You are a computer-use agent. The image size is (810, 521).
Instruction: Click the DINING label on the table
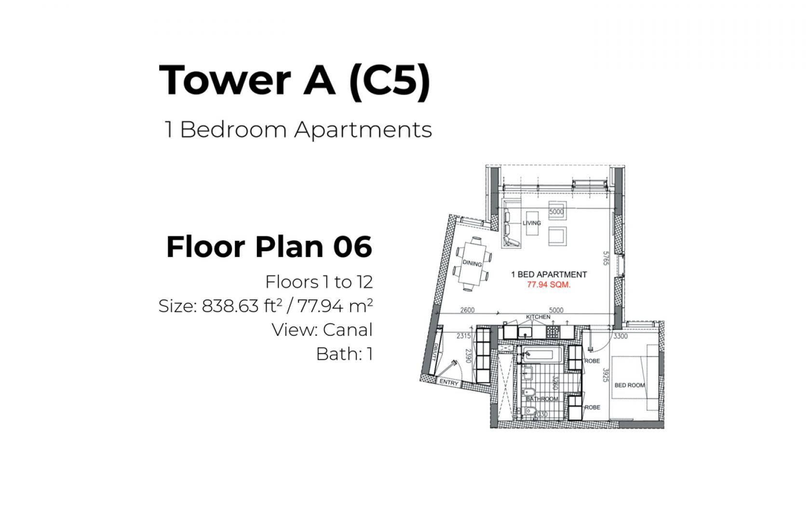click(472, 263)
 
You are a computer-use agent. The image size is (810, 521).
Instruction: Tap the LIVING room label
click(531, 223)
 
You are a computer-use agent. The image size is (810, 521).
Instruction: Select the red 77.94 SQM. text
click(549, 285)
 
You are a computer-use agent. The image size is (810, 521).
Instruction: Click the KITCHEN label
click(538, 317)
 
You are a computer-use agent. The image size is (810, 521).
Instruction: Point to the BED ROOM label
click(630, 385)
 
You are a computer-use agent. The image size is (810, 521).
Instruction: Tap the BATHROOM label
click(542, 398)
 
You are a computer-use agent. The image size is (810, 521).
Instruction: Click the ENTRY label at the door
click(449, 383)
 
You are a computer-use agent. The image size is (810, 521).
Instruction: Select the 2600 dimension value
click(467, 310)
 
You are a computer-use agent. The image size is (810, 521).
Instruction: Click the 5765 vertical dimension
click(606, 259)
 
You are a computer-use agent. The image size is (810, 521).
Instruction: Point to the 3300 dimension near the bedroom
click(621, 336)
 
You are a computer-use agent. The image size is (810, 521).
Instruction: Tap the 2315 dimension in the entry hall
click(464, 336)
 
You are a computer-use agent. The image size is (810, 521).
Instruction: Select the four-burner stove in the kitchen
click(553, 332)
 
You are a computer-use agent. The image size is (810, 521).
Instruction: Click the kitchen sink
click(525, 332)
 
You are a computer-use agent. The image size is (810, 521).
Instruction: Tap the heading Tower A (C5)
click(295, 80)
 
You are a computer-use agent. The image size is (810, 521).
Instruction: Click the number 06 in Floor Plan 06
click(352, 247)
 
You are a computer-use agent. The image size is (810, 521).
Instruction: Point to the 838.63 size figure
click(230, 306)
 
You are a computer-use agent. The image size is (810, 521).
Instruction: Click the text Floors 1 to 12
click(319, 282)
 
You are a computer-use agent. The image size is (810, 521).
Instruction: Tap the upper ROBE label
click(592, 361)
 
